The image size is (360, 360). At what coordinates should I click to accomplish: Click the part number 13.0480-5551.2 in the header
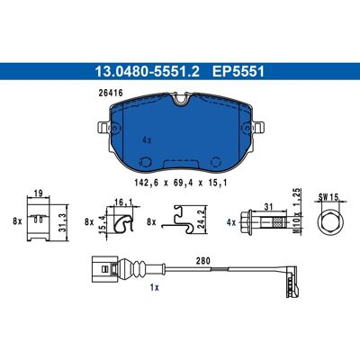point(147,72)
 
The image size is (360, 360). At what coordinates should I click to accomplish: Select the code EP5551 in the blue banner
point(238,72)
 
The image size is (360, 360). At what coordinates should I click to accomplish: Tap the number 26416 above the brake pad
point(111,94)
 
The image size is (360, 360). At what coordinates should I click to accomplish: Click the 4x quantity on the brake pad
point(147,140)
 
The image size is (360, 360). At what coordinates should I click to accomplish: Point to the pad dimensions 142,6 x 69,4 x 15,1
point(180,183)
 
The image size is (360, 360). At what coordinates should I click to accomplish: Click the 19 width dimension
point(39,193)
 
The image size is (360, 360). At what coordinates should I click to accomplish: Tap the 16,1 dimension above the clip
point(124,202)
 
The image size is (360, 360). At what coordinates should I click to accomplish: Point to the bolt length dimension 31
point(268,207)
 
